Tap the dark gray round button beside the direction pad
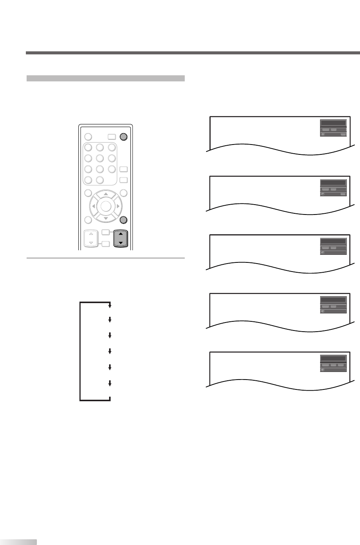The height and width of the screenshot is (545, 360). point(123,219)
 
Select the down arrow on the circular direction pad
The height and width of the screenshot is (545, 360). point(106,218)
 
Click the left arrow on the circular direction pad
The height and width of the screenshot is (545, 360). point(94,206)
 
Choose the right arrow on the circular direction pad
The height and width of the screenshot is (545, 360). point(118,206)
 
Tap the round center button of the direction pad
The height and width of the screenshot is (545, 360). point(106,206)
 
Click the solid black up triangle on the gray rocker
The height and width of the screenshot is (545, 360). point(121,234)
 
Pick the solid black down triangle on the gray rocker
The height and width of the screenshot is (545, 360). point(121,242)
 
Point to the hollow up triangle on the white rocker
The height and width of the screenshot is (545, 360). point(91,234)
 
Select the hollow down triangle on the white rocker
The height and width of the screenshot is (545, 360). point(91,242)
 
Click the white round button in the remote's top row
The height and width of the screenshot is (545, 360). point(88,137)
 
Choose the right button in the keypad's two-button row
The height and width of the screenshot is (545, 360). point(100,180)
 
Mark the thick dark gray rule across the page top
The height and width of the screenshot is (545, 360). point(192,53)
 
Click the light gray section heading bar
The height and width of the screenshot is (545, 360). point(105,78)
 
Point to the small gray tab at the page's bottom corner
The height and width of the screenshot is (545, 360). point(18,542)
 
